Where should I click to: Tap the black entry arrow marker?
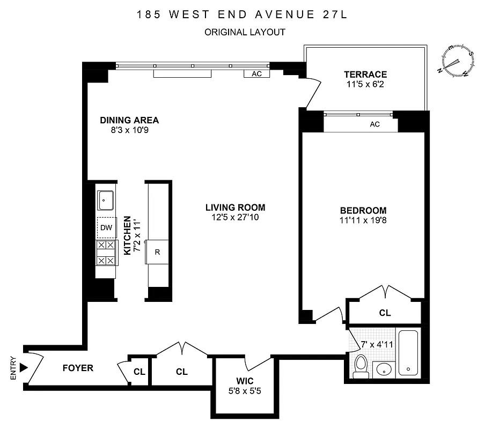(x=23, y=368)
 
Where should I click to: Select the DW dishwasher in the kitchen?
(x=106, y=228)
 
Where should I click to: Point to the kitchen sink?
(x=105, y=201)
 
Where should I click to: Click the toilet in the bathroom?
(x=362, y=367)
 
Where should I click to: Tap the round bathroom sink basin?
(x=383, y=370)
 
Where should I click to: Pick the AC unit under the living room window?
(x=256, y=74)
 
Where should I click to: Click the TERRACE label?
(x=365, y=75)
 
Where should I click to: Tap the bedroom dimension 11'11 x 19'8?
(x=363, y=220)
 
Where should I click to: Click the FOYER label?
(x=78, y=368)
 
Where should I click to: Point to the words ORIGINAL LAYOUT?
(x=245, y=32)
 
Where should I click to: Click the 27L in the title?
(x=334, y=14)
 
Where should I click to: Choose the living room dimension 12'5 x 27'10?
(x=235, y=217)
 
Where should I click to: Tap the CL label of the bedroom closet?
(x=385, y=313)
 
